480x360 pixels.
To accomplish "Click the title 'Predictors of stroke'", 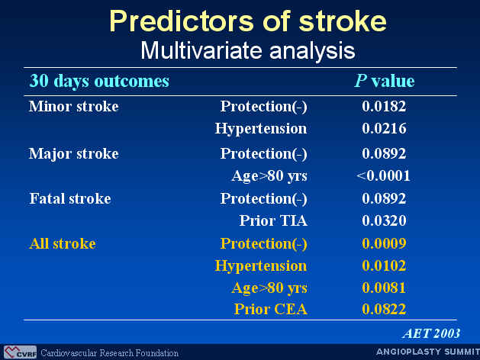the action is [248, 21].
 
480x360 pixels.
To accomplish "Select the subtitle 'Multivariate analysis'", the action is [248, 50].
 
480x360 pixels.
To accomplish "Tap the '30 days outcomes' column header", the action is [99, 82].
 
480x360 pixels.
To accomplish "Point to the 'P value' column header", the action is [385, 81].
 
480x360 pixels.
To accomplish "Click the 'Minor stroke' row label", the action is [74, 107].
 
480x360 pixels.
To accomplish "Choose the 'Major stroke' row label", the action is [74, 154].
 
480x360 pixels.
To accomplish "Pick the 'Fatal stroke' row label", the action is [70, 199].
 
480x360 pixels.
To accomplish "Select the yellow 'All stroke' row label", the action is [63, 244].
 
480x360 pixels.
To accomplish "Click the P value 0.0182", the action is [384, 107].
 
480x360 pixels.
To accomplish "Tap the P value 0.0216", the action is [384, 128].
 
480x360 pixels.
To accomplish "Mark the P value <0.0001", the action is [383, 176].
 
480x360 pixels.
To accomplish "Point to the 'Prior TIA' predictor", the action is [273, 220].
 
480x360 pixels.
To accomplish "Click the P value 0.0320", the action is [384, 220].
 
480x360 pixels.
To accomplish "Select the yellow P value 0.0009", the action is [384, 244].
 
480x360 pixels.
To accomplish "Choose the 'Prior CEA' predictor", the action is [271, 309].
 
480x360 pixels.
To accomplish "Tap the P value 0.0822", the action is [384, 309].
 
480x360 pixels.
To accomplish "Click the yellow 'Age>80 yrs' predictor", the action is [269, 288].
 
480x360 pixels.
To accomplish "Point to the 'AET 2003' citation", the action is [432, 334].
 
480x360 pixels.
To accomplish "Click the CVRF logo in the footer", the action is [20, 352].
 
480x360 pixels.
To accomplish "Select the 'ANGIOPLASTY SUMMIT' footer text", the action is [428, 352].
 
